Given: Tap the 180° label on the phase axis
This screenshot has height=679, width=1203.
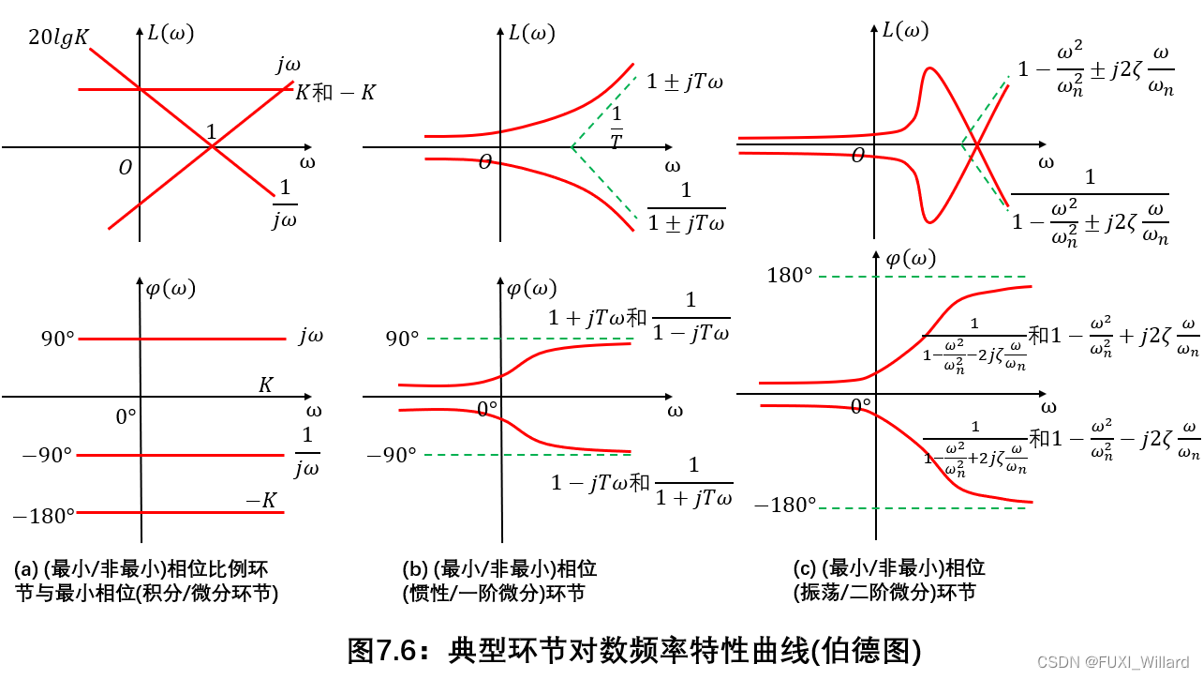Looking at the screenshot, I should [790, 275].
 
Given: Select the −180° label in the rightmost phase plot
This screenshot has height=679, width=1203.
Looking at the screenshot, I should [785, 505].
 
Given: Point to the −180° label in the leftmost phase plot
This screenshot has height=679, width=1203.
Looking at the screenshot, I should [43, 514].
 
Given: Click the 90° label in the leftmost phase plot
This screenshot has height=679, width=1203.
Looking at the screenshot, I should [56, 339].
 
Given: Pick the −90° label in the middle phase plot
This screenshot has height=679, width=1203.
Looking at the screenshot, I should [391, 456].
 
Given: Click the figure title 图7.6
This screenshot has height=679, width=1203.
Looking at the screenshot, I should [633, 650].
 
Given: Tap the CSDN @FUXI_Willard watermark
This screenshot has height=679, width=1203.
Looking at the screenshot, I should [1123, 662].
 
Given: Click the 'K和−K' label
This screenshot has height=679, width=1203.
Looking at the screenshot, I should [335, 93].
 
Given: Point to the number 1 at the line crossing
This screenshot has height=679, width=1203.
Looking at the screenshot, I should [212, 132].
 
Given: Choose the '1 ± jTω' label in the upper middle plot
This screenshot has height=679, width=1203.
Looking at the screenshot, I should [685, 82].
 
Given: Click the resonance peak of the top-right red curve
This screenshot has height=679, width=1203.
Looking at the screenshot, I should [928, 68].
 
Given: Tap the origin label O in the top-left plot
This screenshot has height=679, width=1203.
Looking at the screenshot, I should [126, 168].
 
